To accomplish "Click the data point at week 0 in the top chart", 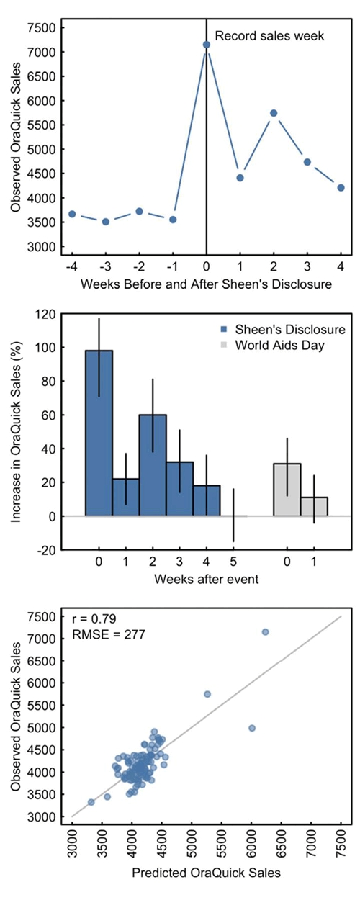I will point(207,45).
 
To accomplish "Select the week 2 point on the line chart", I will point(274,113).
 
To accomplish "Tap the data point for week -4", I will point(72,214).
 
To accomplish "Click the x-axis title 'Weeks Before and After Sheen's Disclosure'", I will point(207,284).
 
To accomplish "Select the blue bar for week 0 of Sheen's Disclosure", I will point(99,432).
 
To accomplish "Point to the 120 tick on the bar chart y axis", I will point(48,315).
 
